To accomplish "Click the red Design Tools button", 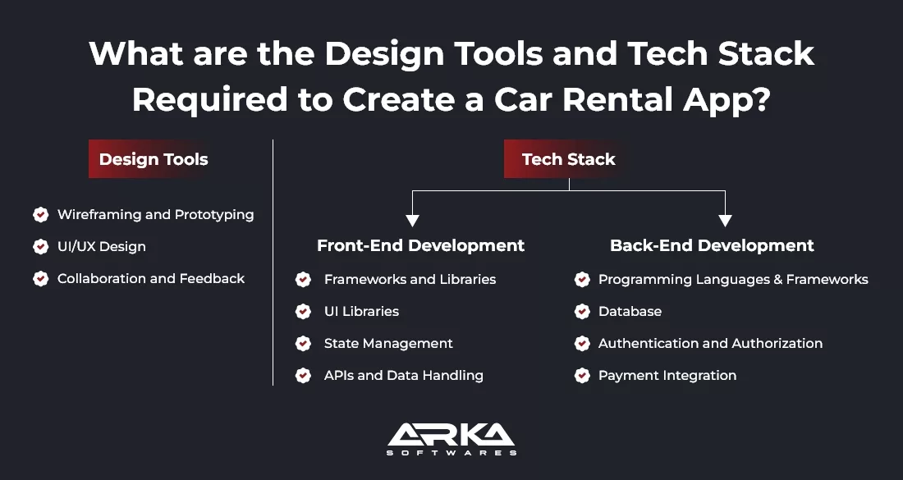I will [154, 159].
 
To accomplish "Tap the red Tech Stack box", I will [568, 159].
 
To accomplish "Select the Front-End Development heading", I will [420, 245].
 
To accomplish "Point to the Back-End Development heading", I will [712, 245].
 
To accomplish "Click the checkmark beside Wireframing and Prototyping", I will [40, 215].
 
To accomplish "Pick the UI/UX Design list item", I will [101, 246].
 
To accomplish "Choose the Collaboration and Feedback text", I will [151, 279].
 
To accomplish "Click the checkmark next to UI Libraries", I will [303, 312].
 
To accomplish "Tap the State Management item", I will [388, 344].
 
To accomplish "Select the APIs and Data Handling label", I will [403, 376].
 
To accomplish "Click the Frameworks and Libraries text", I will [410, 280].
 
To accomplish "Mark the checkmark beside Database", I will [582, 312].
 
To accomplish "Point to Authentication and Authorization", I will [710, 344].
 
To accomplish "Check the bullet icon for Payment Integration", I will [582, 376].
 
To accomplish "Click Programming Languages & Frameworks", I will [733, 280].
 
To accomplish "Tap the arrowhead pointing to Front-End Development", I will [412, 220].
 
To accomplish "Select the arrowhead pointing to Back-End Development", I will [725, 220].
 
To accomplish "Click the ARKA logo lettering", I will [451, 436].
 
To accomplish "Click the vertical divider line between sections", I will [273, 263].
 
